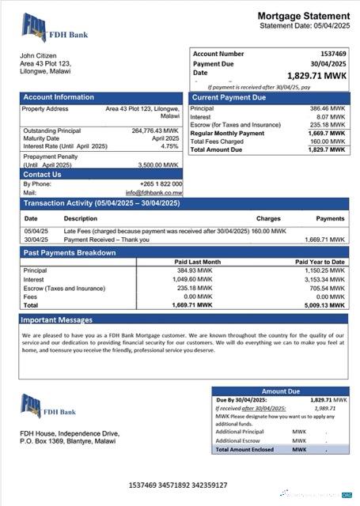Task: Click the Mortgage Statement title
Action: (x=303, y=16)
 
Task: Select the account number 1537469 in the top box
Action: (x=330, y=54)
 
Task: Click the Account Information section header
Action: (x=59, y=97)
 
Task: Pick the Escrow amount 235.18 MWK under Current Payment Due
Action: (x=327, y=124)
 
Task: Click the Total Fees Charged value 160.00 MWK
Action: (x=327, y=142)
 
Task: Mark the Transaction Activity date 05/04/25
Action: (x=36, y=231)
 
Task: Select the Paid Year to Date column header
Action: (x=320, y=261)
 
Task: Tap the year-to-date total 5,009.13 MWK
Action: (x=325, y=304)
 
